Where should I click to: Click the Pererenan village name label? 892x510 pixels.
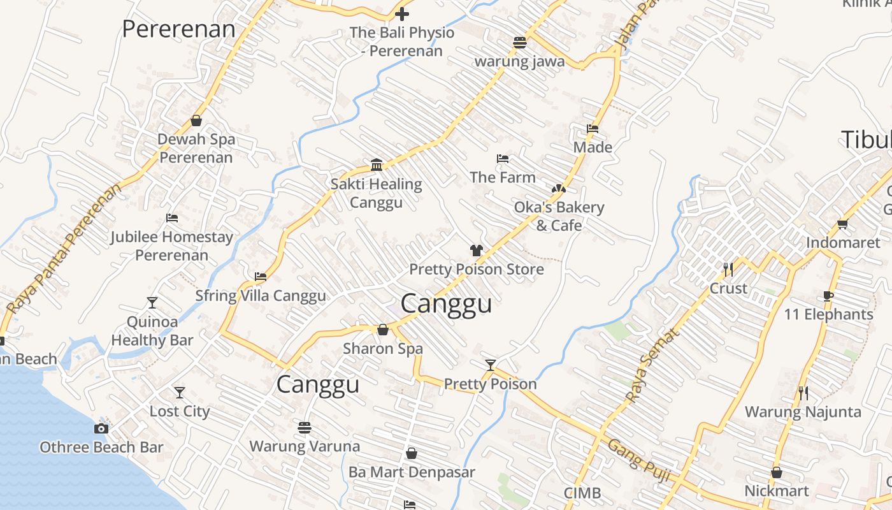click(x=178, y=29)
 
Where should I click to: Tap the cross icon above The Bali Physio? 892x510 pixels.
click(x=402, y=13)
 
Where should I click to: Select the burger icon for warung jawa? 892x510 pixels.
click(x=520, y=43)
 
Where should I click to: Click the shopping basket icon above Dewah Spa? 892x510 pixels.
click(x=196, y=120)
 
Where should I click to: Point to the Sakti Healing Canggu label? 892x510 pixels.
click(x=376, y=193)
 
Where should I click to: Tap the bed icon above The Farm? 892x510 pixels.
click(x=503, y=159)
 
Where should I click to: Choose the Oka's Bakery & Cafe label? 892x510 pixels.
click(x=559, y=216)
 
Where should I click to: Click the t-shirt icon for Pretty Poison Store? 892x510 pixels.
click(x=477, y=251)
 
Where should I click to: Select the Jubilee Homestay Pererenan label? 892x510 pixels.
click(x=171, y=246)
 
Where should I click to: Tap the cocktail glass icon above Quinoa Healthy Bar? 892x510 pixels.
click(x=152, y=302)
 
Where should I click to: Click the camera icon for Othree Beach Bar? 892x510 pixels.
click(x=101, y=428)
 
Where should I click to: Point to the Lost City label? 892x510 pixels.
click(x=180, y=411)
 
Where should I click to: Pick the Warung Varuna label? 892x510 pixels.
click(x=305, y=446)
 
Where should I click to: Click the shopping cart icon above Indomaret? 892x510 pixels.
click(x=843, y=224)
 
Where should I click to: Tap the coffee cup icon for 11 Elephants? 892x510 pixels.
click(x=828, y=296)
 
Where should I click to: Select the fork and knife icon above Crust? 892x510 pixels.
click(x=728, y=270)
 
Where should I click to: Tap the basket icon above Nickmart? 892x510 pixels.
click(x=777, y=472)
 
